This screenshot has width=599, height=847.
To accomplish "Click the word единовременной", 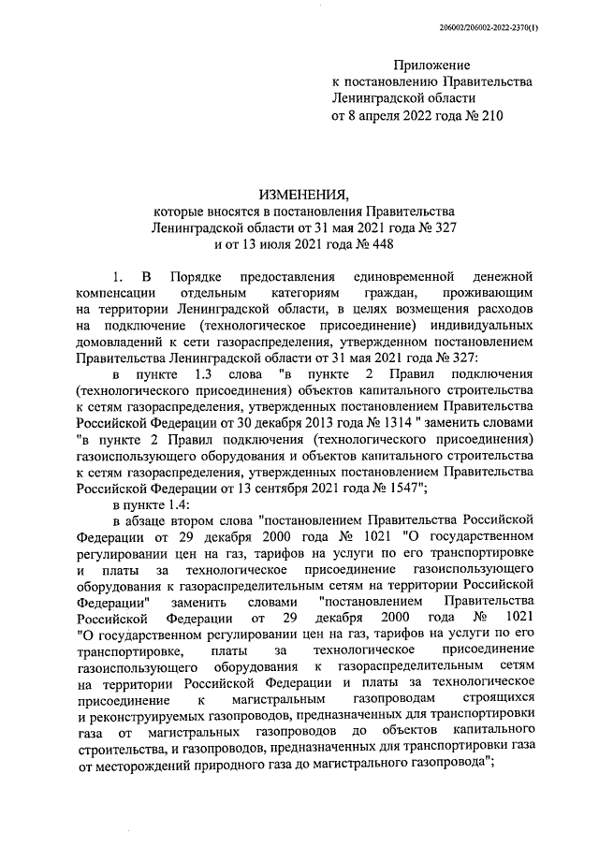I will tap(403, 278).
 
